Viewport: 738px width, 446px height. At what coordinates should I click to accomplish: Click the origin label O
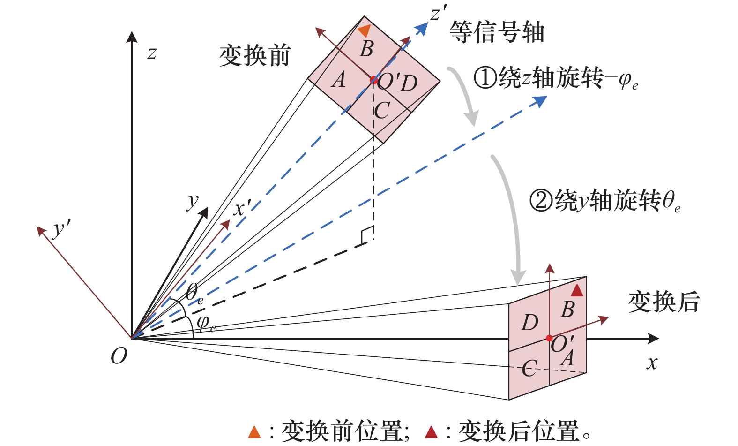click(119, 356)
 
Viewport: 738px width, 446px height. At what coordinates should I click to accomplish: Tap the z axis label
click(151, 53)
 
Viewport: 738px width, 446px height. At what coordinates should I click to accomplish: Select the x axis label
click(652, 363)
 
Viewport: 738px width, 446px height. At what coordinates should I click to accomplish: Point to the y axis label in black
click(193, 202)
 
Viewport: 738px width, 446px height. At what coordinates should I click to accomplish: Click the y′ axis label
click(61, 229)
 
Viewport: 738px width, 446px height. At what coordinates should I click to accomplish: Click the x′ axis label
click(242, 207)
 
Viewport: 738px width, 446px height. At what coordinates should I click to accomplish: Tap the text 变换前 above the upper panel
click(255, 56)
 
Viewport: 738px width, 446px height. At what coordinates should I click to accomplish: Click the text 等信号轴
click(497, 32)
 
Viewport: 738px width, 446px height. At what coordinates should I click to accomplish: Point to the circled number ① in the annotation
click(485, 77)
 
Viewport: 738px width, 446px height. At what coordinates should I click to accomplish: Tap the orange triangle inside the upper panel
click(365, 30)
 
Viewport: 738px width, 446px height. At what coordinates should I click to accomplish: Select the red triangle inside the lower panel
click(577, 291)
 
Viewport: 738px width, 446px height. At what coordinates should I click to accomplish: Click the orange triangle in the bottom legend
click(254, 432)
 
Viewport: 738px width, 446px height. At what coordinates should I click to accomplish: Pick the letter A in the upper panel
click(338, 80)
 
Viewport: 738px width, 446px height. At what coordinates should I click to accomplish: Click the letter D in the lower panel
click(530, 323)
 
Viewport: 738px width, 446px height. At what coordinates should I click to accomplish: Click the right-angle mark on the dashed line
click(367, 235)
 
